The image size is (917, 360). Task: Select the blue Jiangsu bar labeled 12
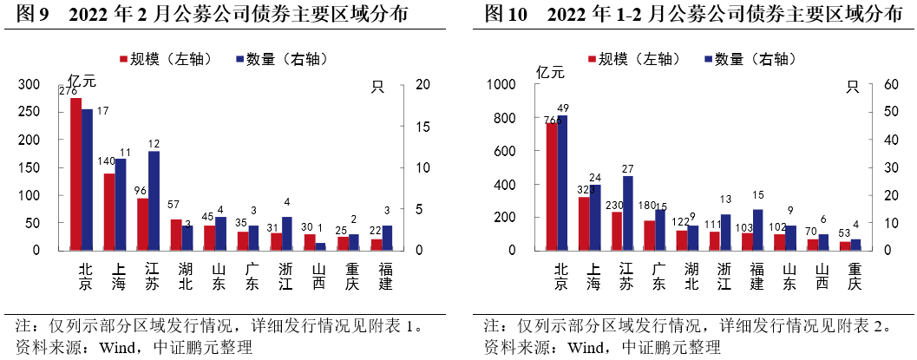pyautogui.click(x=154, y=201)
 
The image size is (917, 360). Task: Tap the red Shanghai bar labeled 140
pyautogui.click(x=108, y=212)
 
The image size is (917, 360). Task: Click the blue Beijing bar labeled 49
pyautogui.click(x=562, y=182)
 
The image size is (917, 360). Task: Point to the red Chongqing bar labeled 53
pyautogui.click(x=845, y=245)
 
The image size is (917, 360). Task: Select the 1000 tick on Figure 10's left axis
pyautogui.click(x=501, y=85)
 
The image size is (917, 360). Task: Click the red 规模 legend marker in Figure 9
pyautogui.click(x=123, y=59)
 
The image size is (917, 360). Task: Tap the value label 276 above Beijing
pyautogui.click(x=68, y=90)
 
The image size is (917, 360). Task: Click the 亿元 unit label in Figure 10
pyautogui.click(x=550, y=72)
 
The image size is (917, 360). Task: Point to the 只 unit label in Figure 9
pyautogui.click(x=377, y=86)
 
